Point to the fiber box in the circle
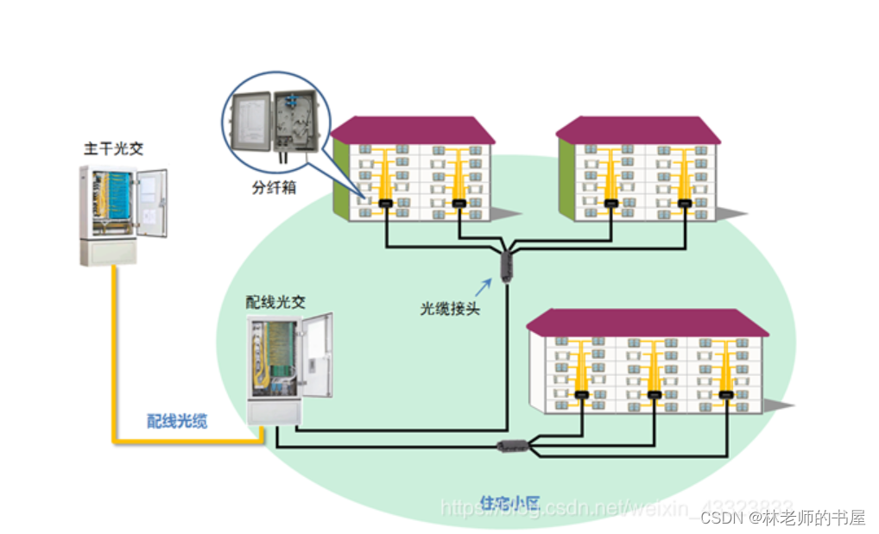coord(270,127)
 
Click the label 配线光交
coord(275,303)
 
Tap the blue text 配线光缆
coord(177,420)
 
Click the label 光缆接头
coord(450,308)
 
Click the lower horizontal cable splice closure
coord(511,446)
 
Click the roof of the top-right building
coord(638,130)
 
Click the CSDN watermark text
coord(782,517)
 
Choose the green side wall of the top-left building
coord(340,178)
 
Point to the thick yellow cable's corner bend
coord(115,440)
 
